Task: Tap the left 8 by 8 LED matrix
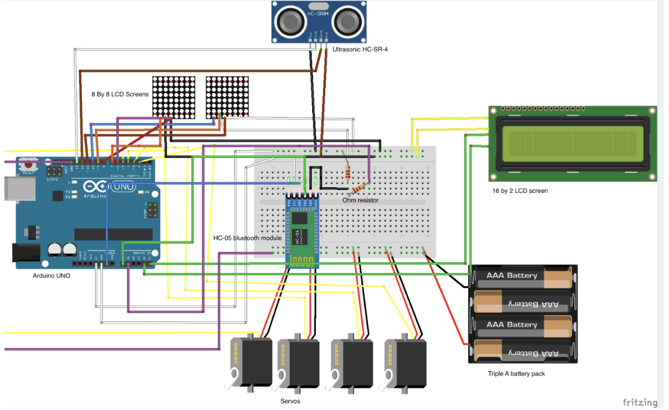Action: (x=173, y=96)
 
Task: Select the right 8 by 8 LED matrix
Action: (x=227, y=96)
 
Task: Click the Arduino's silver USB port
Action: (x=9, y=188)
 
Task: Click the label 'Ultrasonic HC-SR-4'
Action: (x=360, y=50)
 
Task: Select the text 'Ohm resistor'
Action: (x=360, y=200)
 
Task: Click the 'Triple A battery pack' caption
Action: (x=516, y=374)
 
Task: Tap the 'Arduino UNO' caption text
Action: (x=51, y=276)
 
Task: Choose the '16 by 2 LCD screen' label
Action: (x=519, y=191)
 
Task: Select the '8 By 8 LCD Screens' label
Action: (x=120, y=94)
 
